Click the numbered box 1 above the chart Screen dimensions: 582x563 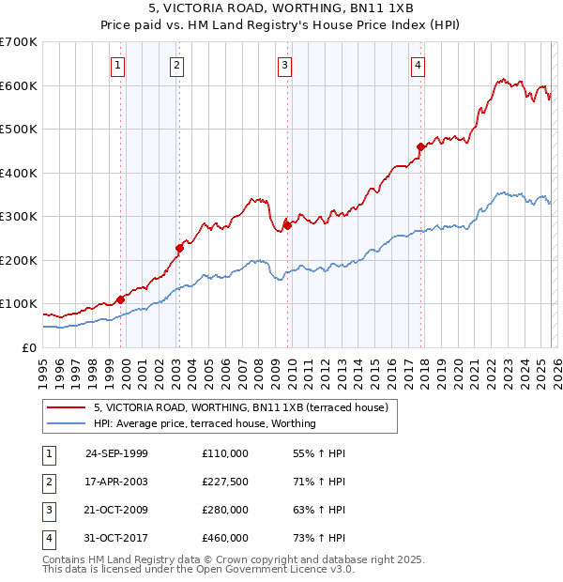(x=118, y=65)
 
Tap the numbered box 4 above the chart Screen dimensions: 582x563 (x=418, y=65)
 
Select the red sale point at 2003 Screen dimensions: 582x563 (x=179, y=248)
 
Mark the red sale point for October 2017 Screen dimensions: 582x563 (x=420, y=146)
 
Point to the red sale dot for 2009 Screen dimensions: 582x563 (x=287, y=225)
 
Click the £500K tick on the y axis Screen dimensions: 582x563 (x=19, y=130)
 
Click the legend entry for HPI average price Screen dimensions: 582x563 (x=204, y=423)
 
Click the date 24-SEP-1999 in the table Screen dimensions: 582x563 (x=116, y=453)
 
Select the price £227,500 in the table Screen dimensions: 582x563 (x=225, y=482)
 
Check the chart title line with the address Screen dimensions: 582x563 (x=281, y=9)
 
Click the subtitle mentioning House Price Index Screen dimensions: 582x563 (x=281, y=26)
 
